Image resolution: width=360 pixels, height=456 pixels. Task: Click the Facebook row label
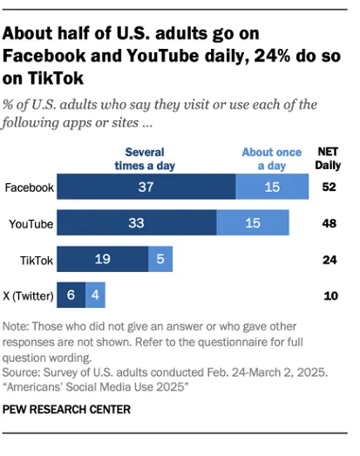(x=29, y=187)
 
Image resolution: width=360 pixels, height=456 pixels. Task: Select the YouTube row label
(x=31, y=224)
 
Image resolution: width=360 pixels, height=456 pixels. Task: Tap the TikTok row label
(x=36, y=260)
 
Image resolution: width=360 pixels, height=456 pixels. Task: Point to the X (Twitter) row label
(x=29, y=296)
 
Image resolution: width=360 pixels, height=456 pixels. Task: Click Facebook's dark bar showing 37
(x=146, y=187)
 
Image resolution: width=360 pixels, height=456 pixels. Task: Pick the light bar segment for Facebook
(x=272, y=187)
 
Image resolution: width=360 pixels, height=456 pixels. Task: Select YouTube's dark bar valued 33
(x=137, y=224)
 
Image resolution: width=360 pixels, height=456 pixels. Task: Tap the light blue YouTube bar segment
(x=254, y=224)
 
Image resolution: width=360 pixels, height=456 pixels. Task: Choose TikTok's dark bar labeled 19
(x=103, y=260)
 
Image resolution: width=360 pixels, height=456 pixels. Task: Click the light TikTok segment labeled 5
(x=160, y=260)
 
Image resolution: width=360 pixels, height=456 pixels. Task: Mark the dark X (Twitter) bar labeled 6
(x=71, y=296)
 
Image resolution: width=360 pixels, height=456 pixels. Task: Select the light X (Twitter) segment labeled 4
(x=95, y=296)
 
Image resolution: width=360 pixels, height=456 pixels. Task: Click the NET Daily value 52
(x=329, y=187)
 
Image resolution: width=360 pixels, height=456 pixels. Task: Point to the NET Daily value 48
(x=329, y=224)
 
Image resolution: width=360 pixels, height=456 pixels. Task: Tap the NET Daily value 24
(x=329, y=260)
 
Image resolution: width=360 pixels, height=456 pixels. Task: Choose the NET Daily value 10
(x=329, y=296)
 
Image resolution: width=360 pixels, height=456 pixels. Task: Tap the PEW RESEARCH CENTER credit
(x=66, y=409)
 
